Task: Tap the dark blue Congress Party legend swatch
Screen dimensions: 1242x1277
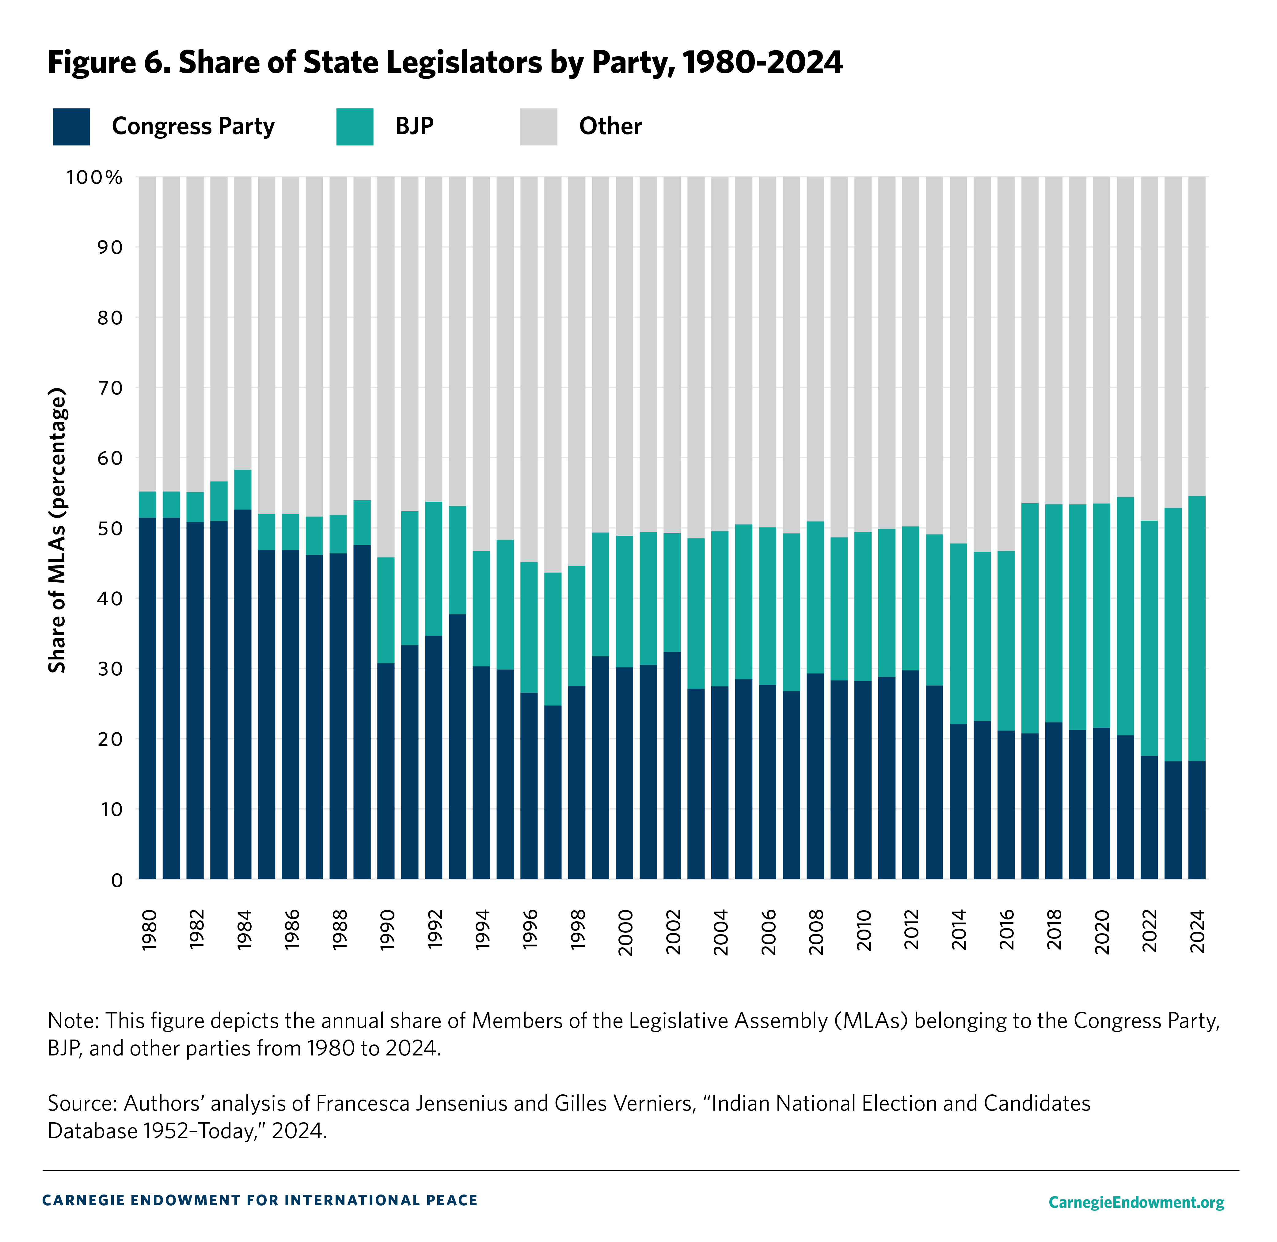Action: point(71,126)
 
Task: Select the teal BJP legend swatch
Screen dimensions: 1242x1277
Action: point(354,126)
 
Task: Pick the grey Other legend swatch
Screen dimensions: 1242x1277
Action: point(538,126)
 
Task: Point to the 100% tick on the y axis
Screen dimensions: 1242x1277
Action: point(95,177)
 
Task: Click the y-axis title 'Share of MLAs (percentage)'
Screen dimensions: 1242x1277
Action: point(57,530)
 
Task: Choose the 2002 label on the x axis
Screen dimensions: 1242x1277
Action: point(673,931)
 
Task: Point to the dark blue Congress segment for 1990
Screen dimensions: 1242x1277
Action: point(386,770)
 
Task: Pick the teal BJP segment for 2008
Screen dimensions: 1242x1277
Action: point(815,597)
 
